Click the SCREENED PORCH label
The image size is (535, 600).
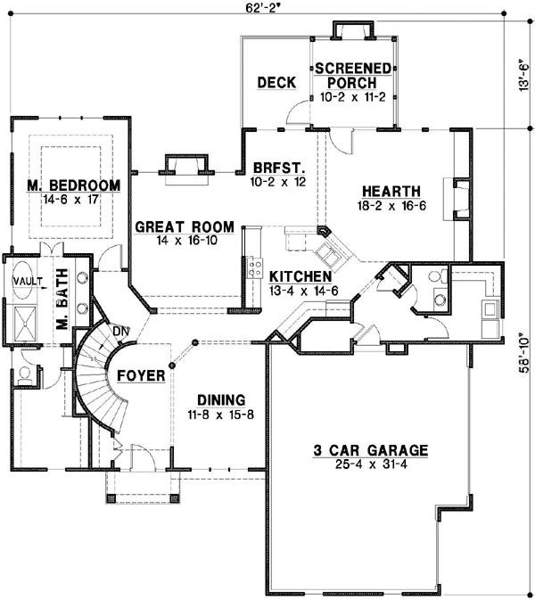(353, 75)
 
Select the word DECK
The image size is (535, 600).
(276, 83)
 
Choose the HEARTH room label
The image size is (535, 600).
(391, 191)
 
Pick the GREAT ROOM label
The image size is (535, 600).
(185, 227)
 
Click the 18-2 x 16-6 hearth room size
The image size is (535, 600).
(391, 206)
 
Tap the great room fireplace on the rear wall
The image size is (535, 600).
(185, 166)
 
